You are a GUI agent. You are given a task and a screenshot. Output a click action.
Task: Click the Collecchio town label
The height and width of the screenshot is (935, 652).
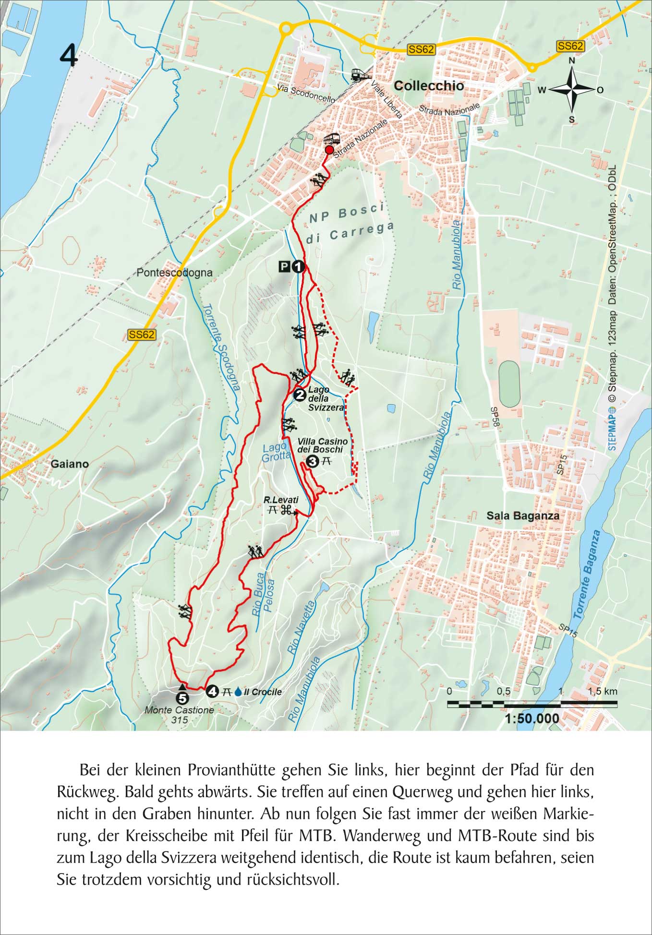(429, 86)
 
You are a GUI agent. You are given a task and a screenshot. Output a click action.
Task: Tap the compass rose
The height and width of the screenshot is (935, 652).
(571, 89)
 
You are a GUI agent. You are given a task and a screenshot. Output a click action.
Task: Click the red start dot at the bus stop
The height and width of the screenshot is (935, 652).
(329, 150)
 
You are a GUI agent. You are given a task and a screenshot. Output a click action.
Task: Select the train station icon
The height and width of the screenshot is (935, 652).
(358, 75)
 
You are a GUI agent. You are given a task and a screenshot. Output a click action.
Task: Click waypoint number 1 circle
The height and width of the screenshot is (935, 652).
(298, 266)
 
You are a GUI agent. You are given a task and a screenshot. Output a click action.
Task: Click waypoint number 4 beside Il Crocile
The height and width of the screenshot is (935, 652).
(212, 692)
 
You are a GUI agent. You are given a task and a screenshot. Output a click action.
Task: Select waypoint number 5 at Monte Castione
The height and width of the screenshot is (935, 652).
(182, 698)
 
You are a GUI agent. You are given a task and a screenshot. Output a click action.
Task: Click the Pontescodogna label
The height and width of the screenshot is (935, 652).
(174, 273)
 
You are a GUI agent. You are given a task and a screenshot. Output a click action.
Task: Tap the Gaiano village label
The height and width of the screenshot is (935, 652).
(70, 464)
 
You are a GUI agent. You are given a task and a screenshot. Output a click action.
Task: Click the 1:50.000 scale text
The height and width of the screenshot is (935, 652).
(532, 719)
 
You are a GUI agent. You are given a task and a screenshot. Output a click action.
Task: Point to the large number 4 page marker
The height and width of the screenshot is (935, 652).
(69, 56)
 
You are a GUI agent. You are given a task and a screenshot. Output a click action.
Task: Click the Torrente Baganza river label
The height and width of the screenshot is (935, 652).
(588, 574)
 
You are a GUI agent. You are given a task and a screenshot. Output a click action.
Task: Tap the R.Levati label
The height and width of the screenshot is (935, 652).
(281, 500)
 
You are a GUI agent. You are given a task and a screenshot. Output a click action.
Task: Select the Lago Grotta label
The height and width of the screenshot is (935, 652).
(276, 453)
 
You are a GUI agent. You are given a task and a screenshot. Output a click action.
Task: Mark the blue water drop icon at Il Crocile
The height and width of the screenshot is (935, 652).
(238, 692)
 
